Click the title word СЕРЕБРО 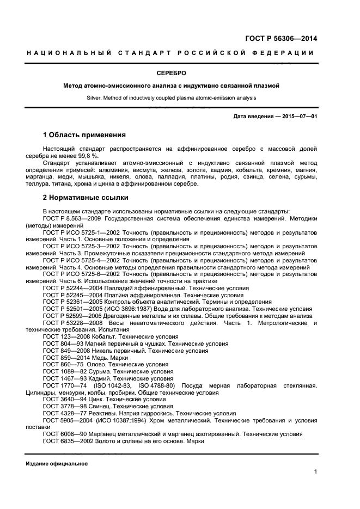(180, 72)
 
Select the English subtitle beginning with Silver (180, 98)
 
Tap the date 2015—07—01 (298, 116)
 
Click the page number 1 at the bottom (315, 472)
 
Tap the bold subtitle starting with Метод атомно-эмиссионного (180, 86)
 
